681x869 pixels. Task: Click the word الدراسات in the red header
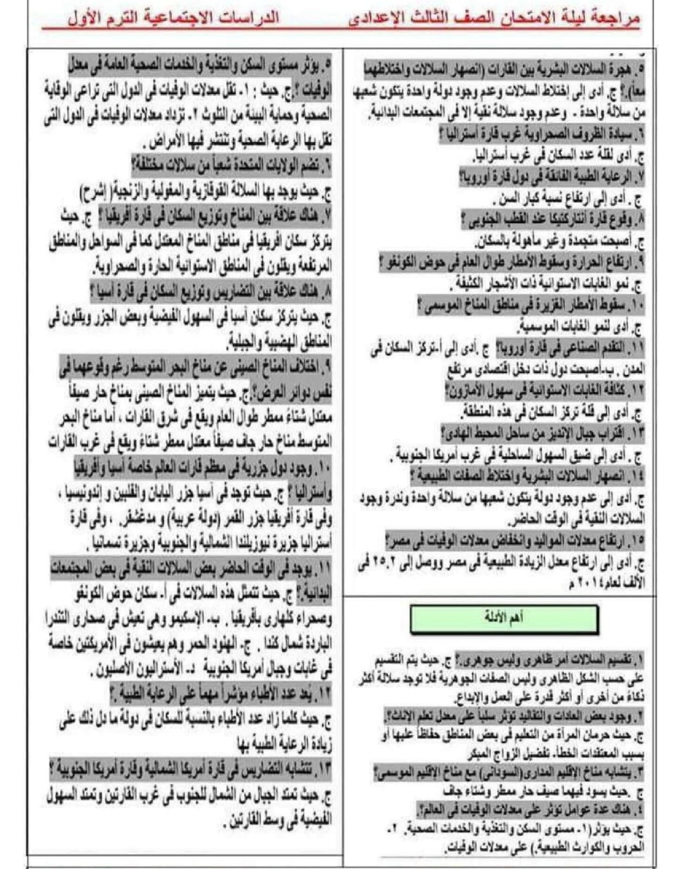[x=250, y=16]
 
